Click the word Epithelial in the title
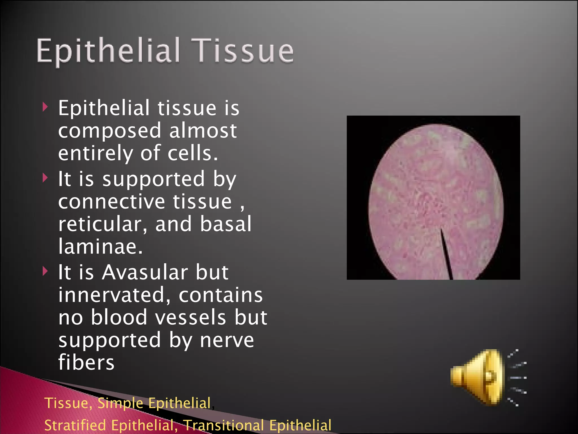tap(108, 51)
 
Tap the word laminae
tap(100, 246)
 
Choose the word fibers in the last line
tap(86, 363)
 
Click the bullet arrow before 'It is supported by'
tap(45, 178)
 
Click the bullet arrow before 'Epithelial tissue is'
tap(45, 107)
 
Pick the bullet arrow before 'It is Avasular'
tap(45, 271)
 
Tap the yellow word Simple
tap(120, 403)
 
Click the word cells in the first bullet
tap(193, 153)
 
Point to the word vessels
tap(191, 318)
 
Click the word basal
tap(225, 224)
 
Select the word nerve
tap(227, 340)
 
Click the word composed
tap(110, 131)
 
